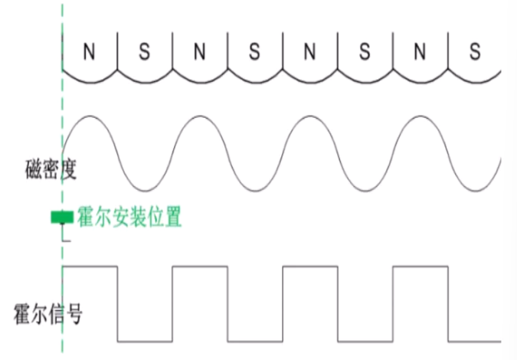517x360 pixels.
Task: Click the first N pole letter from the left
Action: [90, 53]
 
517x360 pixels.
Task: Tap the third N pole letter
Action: [309, 53]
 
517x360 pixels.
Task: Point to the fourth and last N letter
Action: [420, 53]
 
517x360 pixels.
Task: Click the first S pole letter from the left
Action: [145, 53]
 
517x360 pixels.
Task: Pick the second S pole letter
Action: [255, 53]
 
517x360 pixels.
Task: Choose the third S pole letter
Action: [365, 53]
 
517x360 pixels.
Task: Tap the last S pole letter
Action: [475, 53]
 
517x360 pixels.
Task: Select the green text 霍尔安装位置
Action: [129, 217]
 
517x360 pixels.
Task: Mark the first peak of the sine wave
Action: [90, 116]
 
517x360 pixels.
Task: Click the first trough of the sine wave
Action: [146, 188]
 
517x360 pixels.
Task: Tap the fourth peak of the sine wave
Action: [420, 116]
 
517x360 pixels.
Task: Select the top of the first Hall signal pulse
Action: [90, 267]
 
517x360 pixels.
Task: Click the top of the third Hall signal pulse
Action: [310, 267]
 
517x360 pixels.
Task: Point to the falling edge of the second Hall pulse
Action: [228, 303]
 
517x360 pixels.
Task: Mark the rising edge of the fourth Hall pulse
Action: [393, 303]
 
